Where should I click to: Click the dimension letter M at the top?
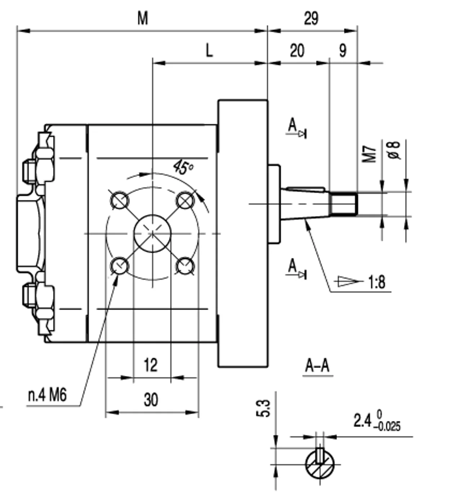143,18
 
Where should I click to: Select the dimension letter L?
209,50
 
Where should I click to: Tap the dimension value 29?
311,18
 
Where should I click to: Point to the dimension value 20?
297,51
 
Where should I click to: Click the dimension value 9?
343,51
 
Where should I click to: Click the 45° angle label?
183,167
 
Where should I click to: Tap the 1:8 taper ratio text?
377,282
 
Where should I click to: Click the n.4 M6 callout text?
48,395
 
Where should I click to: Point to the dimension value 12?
151,365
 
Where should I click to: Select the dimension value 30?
151,400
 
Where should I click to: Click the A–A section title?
317,366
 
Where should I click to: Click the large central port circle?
153,234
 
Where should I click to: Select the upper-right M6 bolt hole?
185,201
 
